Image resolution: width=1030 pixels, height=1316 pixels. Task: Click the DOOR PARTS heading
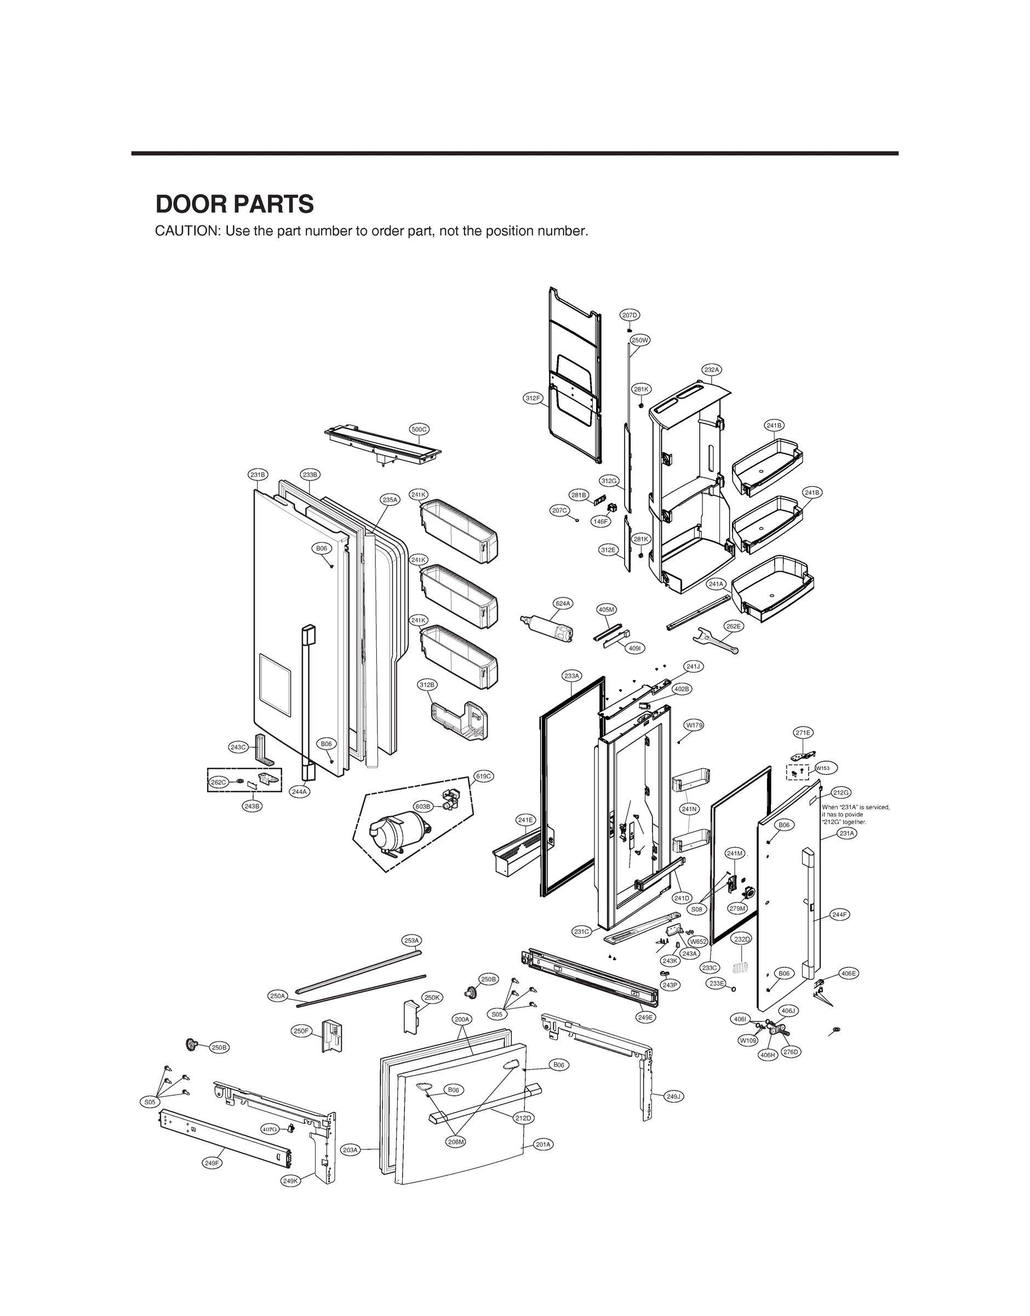(x=234, y=205)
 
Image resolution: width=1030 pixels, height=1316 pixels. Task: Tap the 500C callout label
(x=419, y=429)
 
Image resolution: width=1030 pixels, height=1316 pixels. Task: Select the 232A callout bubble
(x=712, y=369)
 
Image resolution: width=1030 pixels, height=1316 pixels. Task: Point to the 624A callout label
(x=563, y=603)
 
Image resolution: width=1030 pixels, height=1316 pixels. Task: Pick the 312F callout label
(x=533, y=398)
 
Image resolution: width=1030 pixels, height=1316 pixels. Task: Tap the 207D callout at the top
(x=630, y=315)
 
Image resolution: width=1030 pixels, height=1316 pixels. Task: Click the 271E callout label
(x=803, y=733)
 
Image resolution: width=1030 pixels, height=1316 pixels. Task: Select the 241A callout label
(x=716, y=583)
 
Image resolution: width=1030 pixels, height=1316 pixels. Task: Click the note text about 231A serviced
(x=855, y=815)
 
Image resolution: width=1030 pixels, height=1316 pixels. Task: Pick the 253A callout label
(x=412, y=940)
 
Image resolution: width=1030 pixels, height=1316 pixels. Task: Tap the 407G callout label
(x=270, y=1129)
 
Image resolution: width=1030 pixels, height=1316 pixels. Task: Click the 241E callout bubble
(x=526, y=819)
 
